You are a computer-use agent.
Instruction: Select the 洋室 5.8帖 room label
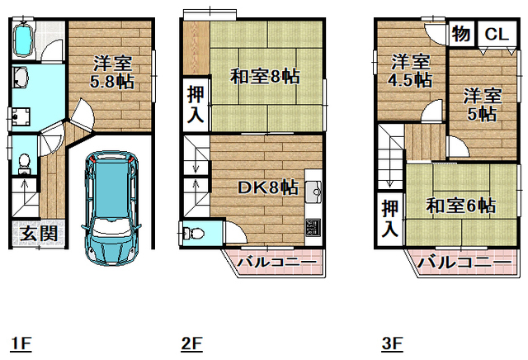112,73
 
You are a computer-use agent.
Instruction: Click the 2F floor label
191,341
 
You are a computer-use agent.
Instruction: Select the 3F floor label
391,341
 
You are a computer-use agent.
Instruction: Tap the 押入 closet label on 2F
195,104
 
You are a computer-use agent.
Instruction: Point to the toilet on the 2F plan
191,233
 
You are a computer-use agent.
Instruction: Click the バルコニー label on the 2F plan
276,263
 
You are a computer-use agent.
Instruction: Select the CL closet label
494,34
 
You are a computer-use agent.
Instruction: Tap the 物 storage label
461,34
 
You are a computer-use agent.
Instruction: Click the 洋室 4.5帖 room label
411,71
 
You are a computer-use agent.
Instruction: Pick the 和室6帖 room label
460,205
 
